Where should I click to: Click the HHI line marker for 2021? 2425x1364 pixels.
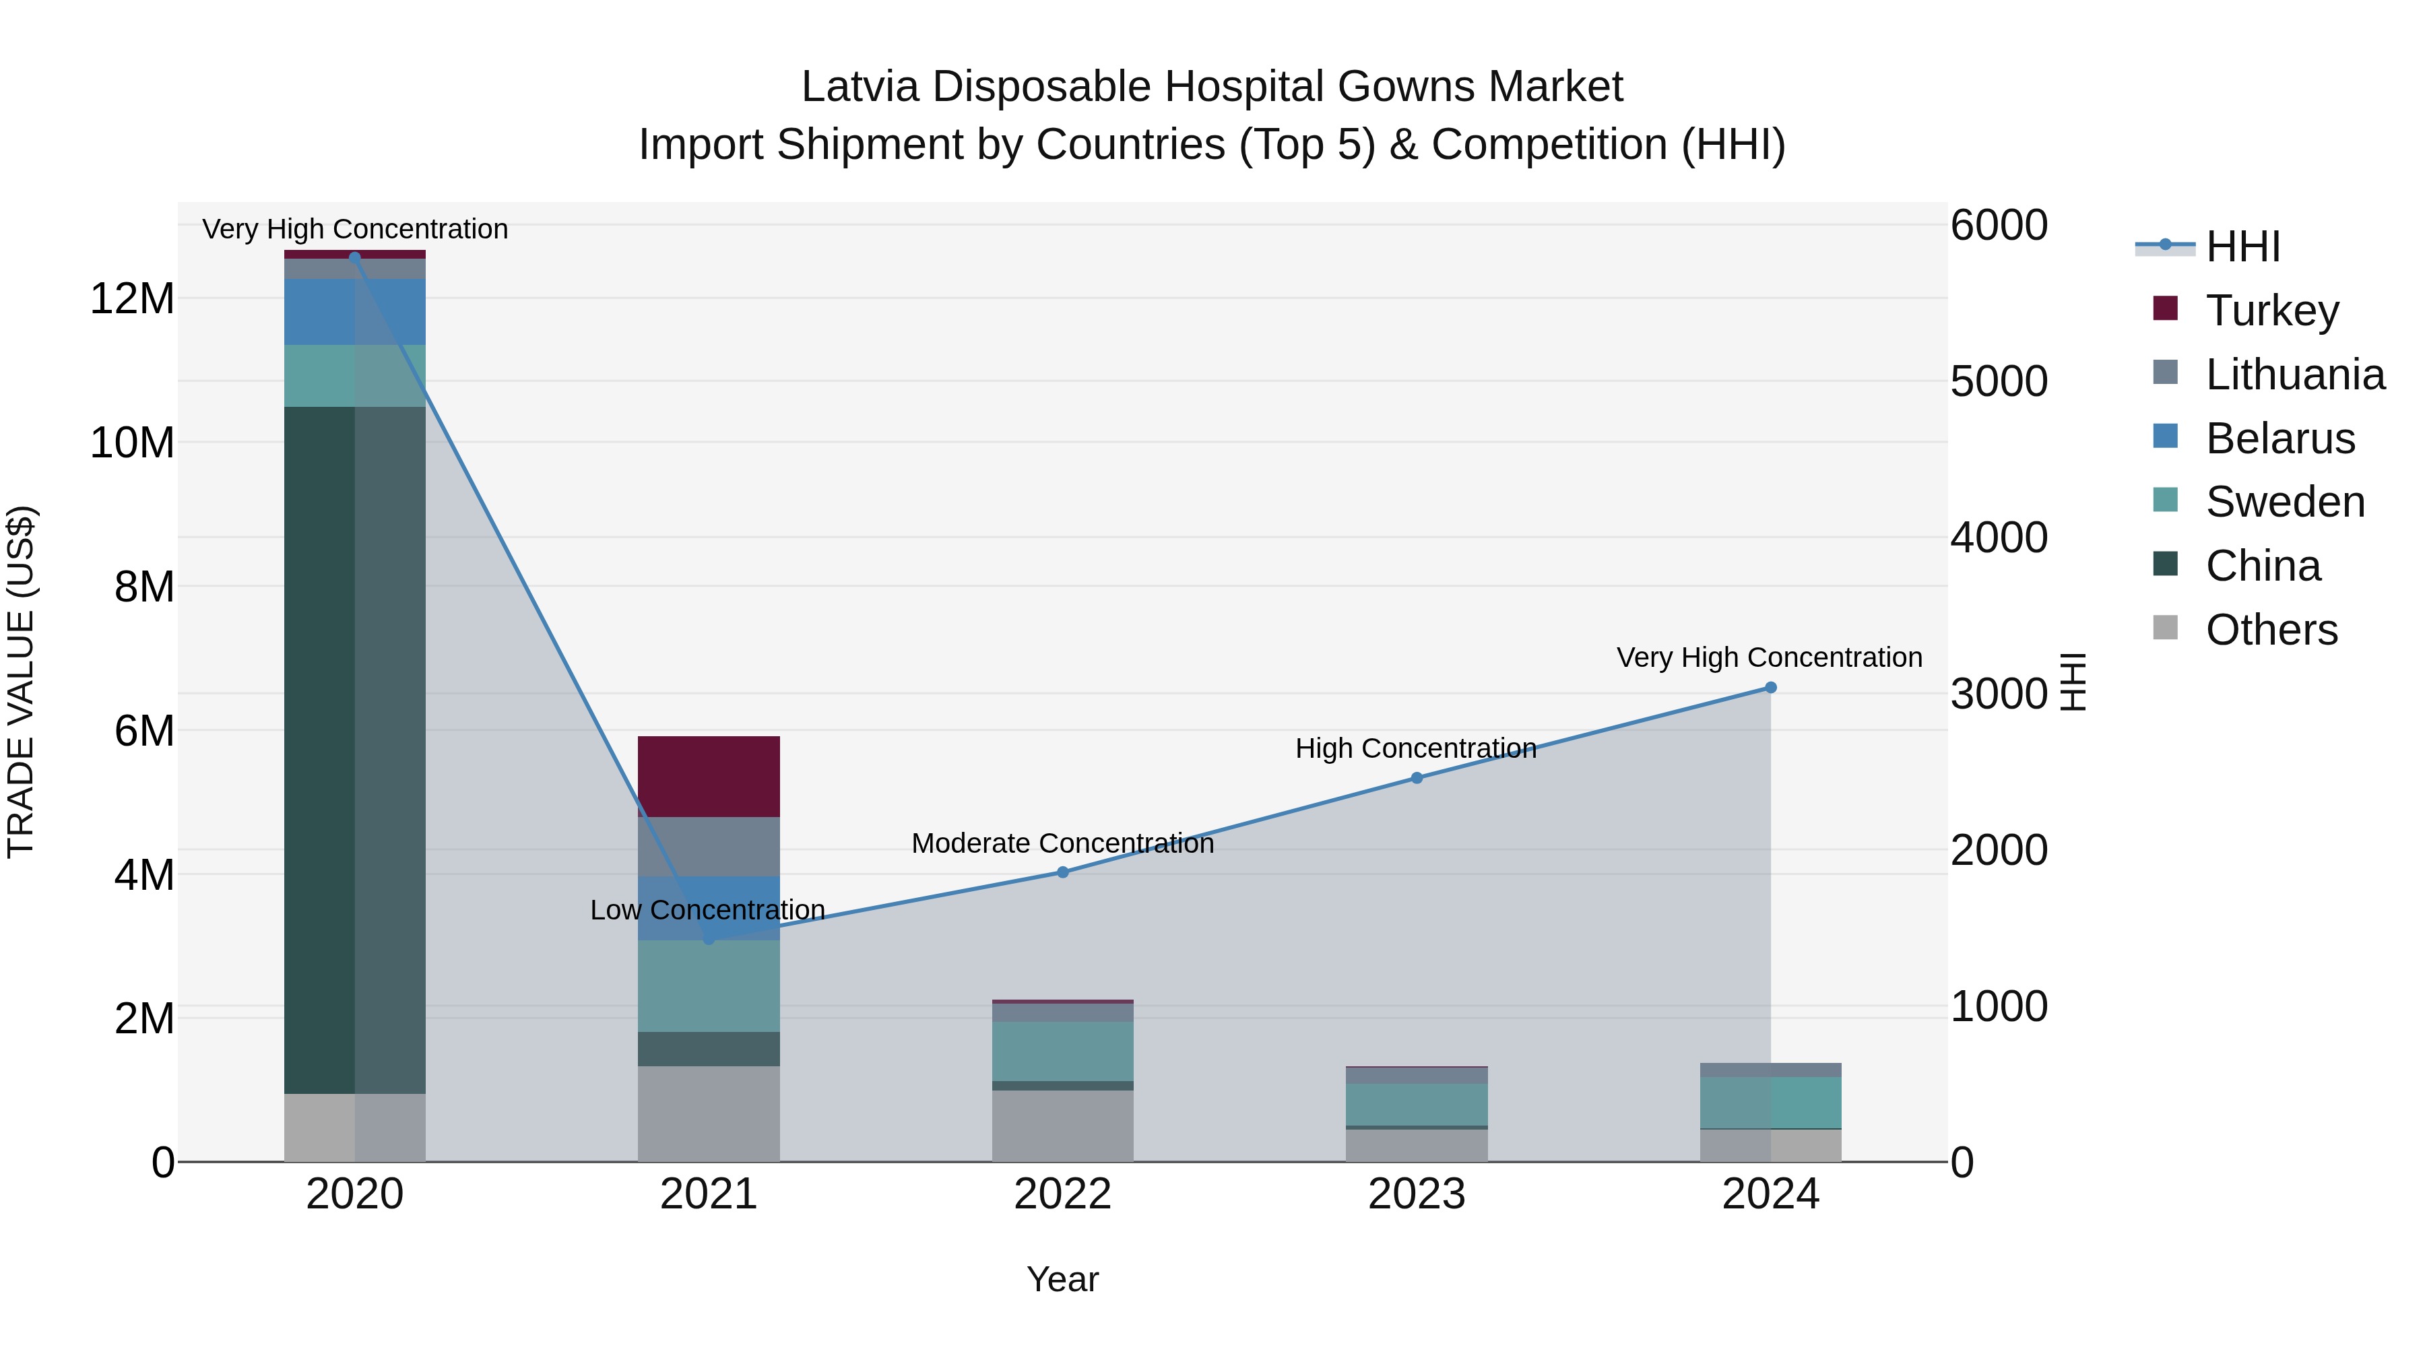tap(709, 940)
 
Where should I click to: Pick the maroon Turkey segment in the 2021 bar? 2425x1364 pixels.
tap(709, 777)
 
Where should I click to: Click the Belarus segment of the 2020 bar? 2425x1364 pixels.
tap(320, 312)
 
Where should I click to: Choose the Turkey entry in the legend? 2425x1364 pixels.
tap(2271, 311)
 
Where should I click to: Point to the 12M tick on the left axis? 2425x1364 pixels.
tap(132, 299)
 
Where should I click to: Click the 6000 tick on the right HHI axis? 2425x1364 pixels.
tap(1999, 226)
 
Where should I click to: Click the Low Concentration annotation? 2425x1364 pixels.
tap(707, 910)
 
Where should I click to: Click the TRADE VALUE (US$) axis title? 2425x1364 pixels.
tap(21, 682)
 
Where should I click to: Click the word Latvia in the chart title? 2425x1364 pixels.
tap(859, 88)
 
